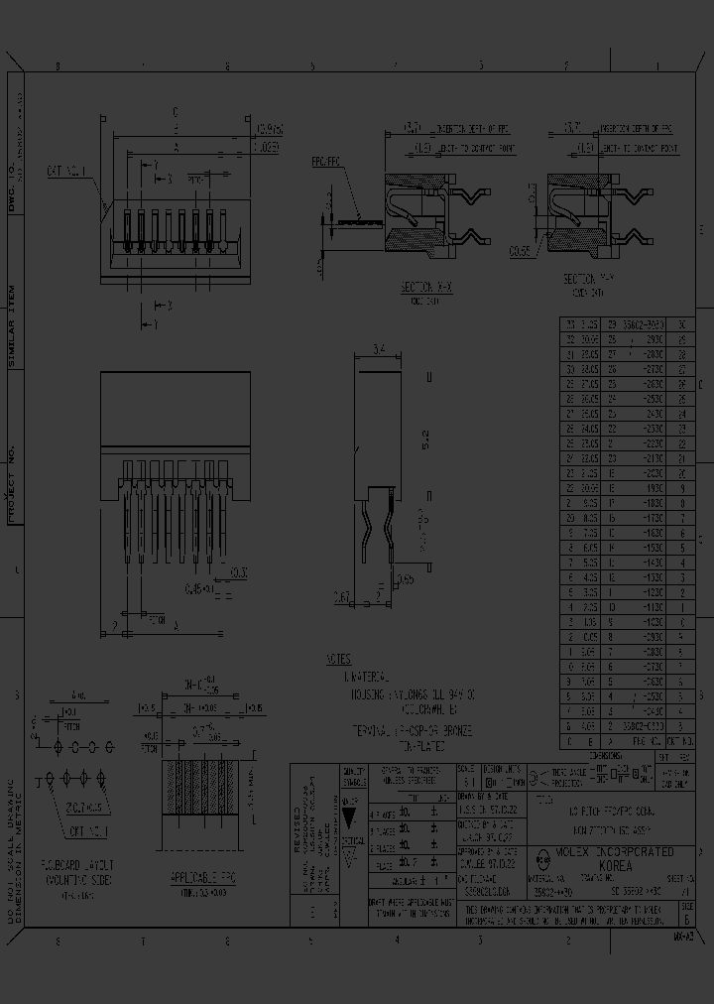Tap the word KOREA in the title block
click(615, 866)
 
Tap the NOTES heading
click(338, 659)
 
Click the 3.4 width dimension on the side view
click(378, 348)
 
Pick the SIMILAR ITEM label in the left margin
click(13, 326)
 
